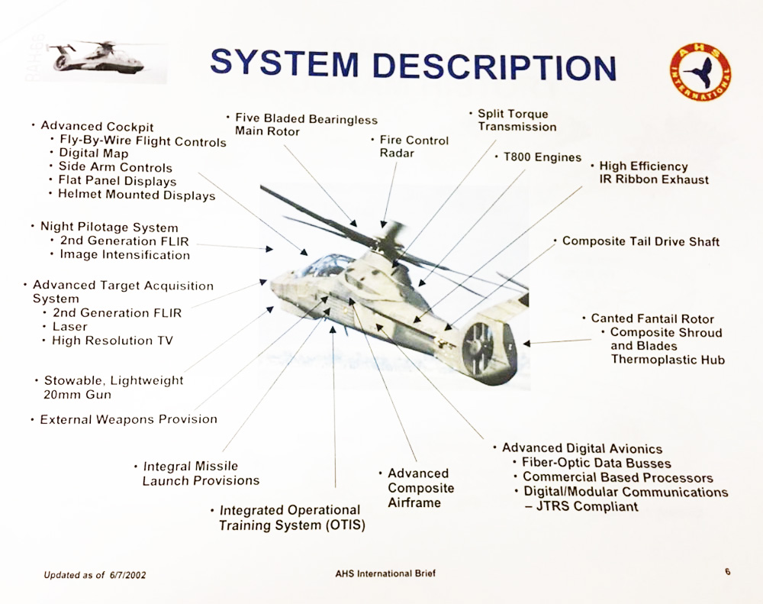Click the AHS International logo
coord(700,72)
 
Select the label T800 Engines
coord(542,157)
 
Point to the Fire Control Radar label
coord(414,147)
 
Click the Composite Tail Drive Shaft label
coord(641,241)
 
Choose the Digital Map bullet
coord(94,153)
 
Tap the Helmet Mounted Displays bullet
coord(137,195)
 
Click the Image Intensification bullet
coord(124,254)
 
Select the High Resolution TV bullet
coord(112,341)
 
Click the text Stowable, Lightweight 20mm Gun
coord(113,387)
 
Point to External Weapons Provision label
coord(128,419)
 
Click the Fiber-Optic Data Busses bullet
coord(596,463)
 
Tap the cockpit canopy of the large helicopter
coord(327,266)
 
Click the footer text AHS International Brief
coord(386,573)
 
